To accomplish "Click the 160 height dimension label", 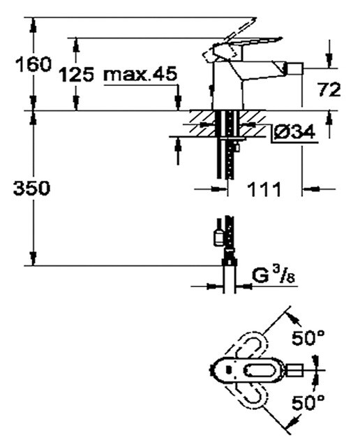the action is click(33, 64).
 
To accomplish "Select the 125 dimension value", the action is click(76, 75).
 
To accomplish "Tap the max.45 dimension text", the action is click(140, 74).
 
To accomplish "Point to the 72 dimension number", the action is click(329, 89).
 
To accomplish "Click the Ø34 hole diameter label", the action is click(294, 131).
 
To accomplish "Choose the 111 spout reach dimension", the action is click(265, 189).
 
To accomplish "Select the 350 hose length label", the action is click(31, 188).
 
